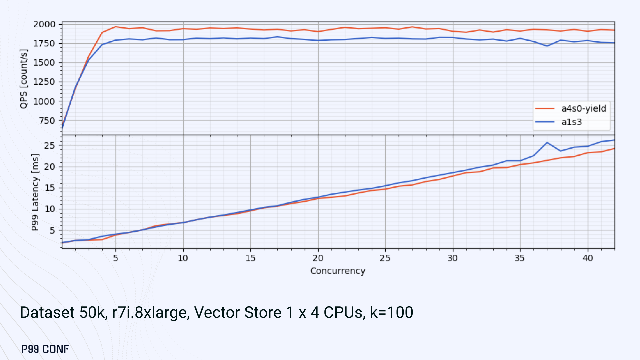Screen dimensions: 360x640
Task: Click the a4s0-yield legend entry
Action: pos(583,109)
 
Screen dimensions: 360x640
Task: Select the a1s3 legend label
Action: pos(571,122)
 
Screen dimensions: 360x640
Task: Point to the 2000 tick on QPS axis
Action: pos(44,24)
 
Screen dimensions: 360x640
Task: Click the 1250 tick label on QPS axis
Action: pos(44,82)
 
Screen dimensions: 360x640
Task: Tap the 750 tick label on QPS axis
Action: pos(47,121)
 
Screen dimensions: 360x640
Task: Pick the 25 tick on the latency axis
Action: pos(49,145)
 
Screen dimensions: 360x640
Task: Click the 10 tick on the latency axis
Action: pos(49,209)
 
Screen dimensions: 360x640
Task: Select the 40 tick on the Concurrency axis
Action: pos(588,258)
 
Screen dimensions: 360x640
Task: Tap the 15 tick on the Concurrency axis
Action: pos(250,258)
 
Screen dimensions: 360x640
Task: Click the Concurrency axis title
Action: pos(338,271)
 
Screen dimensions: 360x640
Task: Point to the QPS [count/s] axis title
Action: pos(24,79)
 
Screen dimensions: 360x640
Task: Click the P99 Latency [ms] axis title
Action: pos(35,192)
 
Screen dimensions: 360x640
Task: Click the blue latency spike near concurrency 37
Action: pos(547,143)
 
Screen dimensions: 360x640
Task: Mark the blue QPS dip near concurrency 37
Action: pos(547,46)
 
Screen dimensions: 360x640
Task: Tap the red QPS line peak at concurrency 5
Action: pos(116,27)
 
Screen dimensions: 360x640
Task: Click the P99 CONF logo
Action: pos(45,349)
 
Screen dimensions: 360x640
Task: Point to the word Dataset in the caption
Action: pos(47,313)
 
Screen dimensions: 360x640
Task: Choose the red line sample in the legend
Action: pos(545,109)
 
